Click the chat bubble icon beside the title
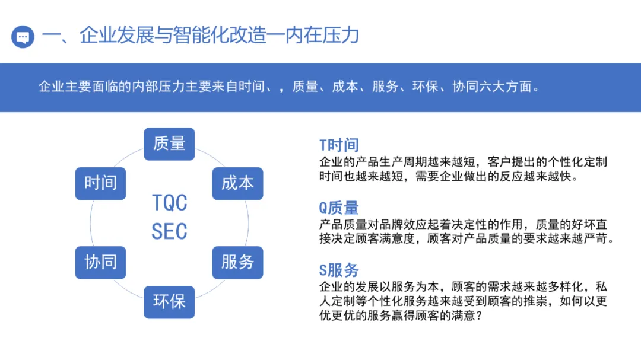tap(23, 37)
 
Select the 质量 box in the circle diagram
tap(169, 144)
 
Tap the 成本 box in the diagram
tap(237, 183)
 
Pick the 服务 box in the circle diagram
tap(237, 262)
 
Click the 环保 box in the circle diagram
tap(169, 301)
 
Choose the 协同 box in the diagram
tap(100, 262)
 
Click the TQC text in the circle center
tap(169, 203)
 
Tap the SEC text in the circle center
tap(169, 231)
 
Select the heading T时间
tap(339, 145)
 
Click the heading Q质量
tap(339, 208)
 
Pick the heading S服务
tap(339, 270)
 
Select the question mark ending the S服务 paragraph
tap(479, 316)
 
